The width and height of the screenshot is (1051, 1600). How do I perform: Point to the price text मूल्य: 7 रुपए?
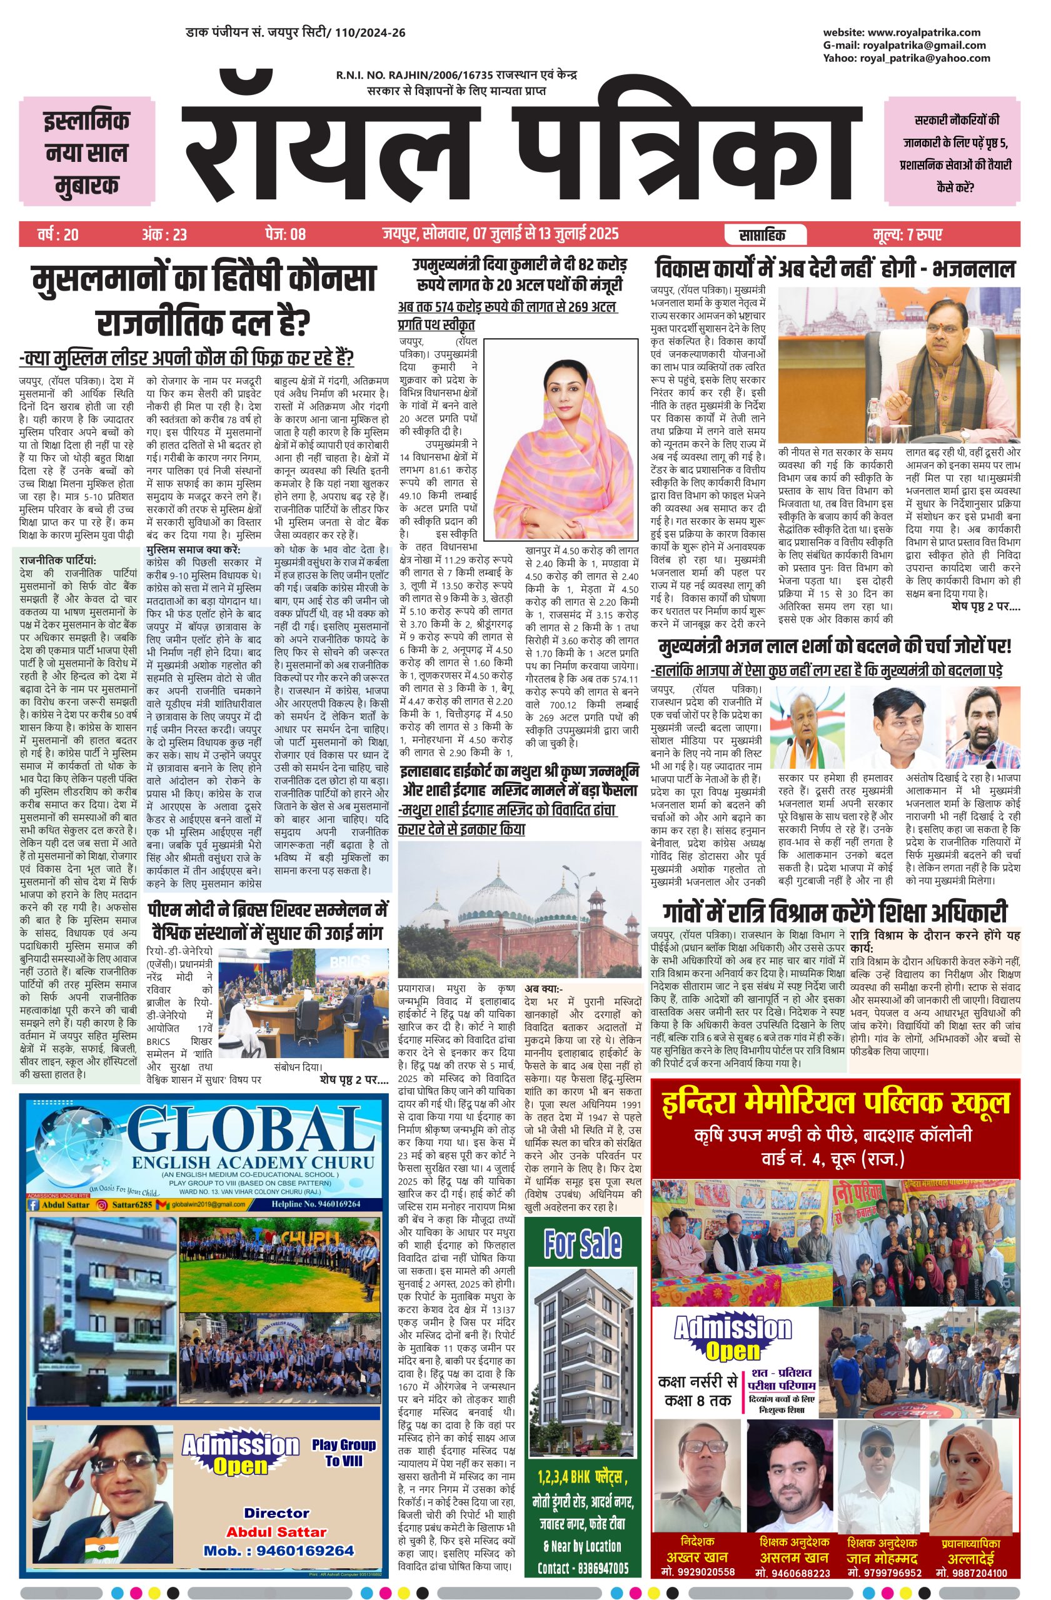tap(908, 235)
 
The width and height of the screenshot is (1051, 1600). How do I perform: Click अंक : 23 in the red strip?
tap(164, 235)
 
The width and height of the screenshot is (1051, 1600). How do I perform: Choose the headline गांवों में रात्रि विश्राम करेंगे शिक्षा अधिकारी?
tap(835, 913)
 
